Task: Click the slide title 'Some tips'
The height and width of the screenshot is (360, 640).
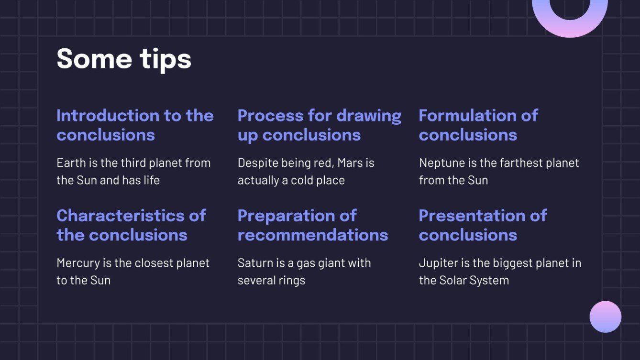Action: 124,59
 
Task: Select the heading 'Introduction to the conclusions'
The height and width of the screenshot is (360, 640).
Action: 135,125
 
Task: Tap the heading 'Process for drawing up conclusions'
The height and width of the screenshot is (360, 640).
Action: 319,125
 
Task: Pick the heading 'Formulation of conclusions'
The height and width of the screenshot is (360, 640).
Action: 478,125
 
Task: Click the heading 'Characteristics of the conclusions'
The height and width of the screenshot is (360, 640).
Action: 131,225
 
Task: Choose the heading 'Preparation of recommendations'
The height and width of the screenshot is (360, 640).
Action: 312,225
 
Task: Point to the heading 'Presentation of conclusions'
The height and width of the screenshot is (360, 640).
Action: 482,225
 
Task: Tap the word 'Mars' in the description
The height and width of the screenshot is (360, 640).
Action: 350,163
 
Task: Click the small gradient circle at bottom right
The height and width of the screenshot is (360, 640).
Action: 605,316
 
